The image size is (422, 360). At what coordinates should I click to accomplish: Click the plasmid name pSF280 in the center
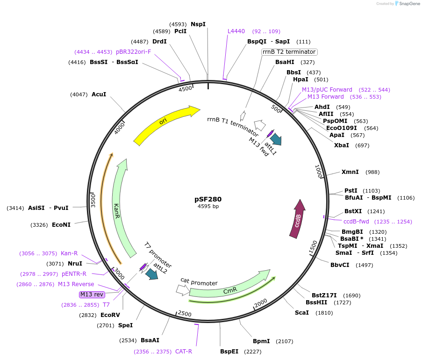coord(208,199)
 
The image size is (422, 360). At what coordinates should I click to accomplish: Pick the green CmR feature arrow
coord(229,288)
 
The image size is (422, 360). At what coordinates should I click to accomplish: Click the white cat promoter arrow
coord(183,290)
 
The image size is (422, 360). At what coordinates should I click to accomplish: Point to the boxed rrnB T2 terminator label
coord(289,52)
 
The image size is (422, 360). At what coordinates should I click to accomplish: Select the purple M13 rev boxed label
coord(92,294)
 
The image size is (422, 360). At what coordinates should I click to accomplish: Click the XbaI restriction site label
coord(342,145)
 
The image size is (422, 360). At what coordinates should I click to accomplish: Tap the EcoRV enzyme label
coord(110,315)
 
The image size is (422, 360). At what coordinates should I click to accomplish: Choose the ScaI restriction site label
coord(301,312)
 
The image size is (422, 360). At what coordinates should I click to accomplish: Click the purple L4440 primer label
coord(236,31)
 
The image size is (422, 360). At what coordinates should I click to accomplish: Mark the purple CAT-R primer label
coord(184,352)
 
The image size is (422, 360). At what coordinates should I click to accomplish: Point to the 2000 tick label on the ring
coord(260,303)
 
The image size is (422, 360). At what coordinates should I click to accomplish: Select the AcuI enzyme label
coord(99,94)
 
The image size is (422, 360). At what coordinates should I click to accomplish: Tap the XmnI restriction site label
coord(350,172)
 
